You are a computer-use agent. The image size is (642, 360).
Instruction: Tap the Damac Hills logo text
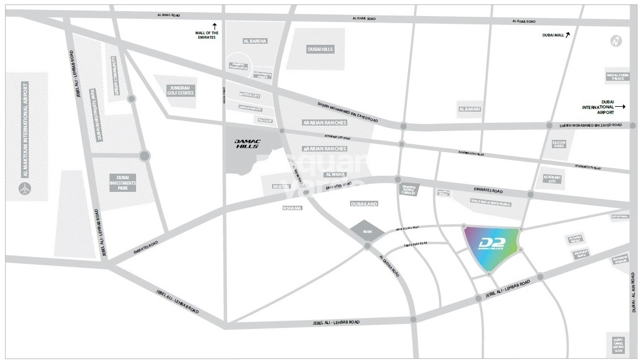pyautogui.click(x=244, y=144)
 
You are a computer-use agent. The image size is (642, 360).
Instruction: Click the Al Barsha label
pyautogui.click(x=255, y=41)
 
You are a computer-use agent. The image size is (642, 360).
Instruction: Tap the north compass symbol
pyautogui.click(x=616, y=41)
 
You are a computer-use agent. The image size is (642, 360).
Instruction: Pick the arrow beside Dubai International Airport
pyautogui.click(x=620, y=106)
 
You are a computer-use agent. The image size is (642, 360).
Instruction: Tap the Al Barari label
pyautogui.click(x=470, y=109)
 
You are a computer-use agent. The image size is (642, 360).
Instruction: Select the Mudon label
pyautogui.click(x=281, y=186)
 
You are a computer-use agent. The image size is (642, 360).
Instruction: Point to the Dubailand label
pyautogui.click(x=364, y=204)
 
